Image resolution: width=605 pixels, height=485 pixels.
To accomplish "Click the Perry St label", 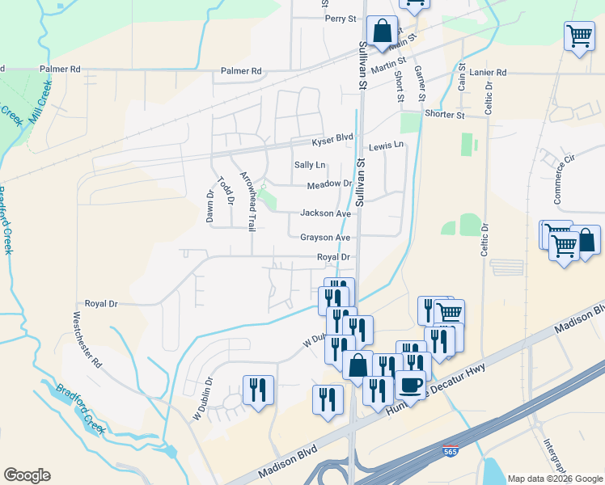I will tap(341, 19).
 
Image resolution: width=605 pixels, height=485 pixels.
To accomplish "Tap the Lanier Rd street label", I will tap(490, 73).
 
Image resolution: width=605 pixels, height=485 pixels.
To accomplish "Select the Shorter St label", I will tap(445, 115).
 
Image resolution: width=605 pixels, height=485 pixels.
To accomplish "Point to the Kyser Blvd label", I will tap(332, 140).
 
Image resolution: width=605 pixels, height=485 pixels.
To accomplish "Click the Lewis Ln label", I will tap(386, 146).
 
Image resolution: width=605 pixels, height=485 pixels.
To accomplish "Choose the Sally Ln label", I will tap(309, 165).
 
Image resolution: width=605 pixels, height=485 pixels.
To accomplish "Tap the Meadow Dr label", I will tap(329, 185).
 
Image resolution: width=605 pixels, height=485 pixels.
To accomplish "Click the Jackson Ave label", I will tap(325, 213).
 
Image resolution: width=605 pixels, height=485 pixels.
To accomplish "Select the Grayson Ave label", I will tap(325, 238).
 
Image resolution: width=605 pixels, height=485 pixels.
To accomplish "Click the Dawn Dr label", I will tap(209, 206).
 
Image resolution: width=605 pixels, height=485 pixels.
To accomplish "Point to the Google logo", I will tap(27, 475).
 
